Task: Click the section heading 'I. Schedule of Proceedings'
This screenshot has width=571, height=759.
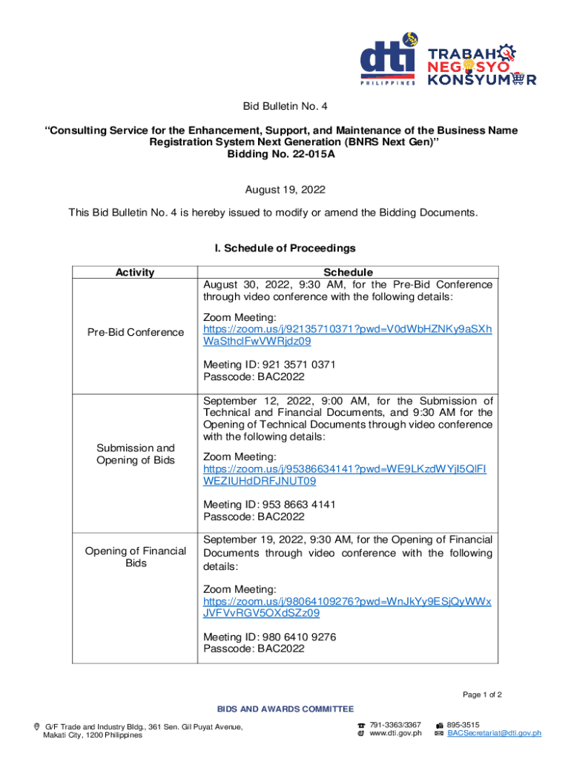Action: point(285,248)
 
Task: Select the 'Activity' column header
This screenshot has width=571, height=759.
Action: point(134,272)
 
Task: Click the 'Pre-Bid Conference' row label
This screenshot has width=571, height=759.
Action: point(135,332)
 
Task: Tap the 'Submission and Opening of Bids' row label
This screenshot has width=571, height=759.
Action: point(135,454)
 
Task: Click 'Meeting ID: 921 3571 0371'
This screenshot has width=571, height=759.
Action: point(269,364)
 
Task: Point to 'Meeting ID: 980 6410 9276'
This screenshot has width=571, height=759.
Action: point(269,635)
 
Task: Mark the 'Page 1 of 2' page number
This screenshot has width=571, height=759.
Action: point(482,695)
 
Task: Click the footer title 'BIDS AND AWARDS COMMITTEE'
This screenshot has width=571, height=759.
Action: point(285,709)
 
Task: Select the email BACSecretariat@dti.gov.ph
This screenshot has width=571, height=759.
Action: point(494,733)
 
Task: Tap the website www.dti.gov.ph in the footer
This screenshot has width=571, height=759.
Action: point(395,733)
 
